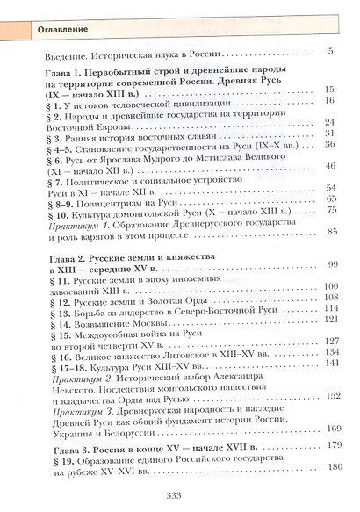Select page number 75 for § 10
click(331, 209)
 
